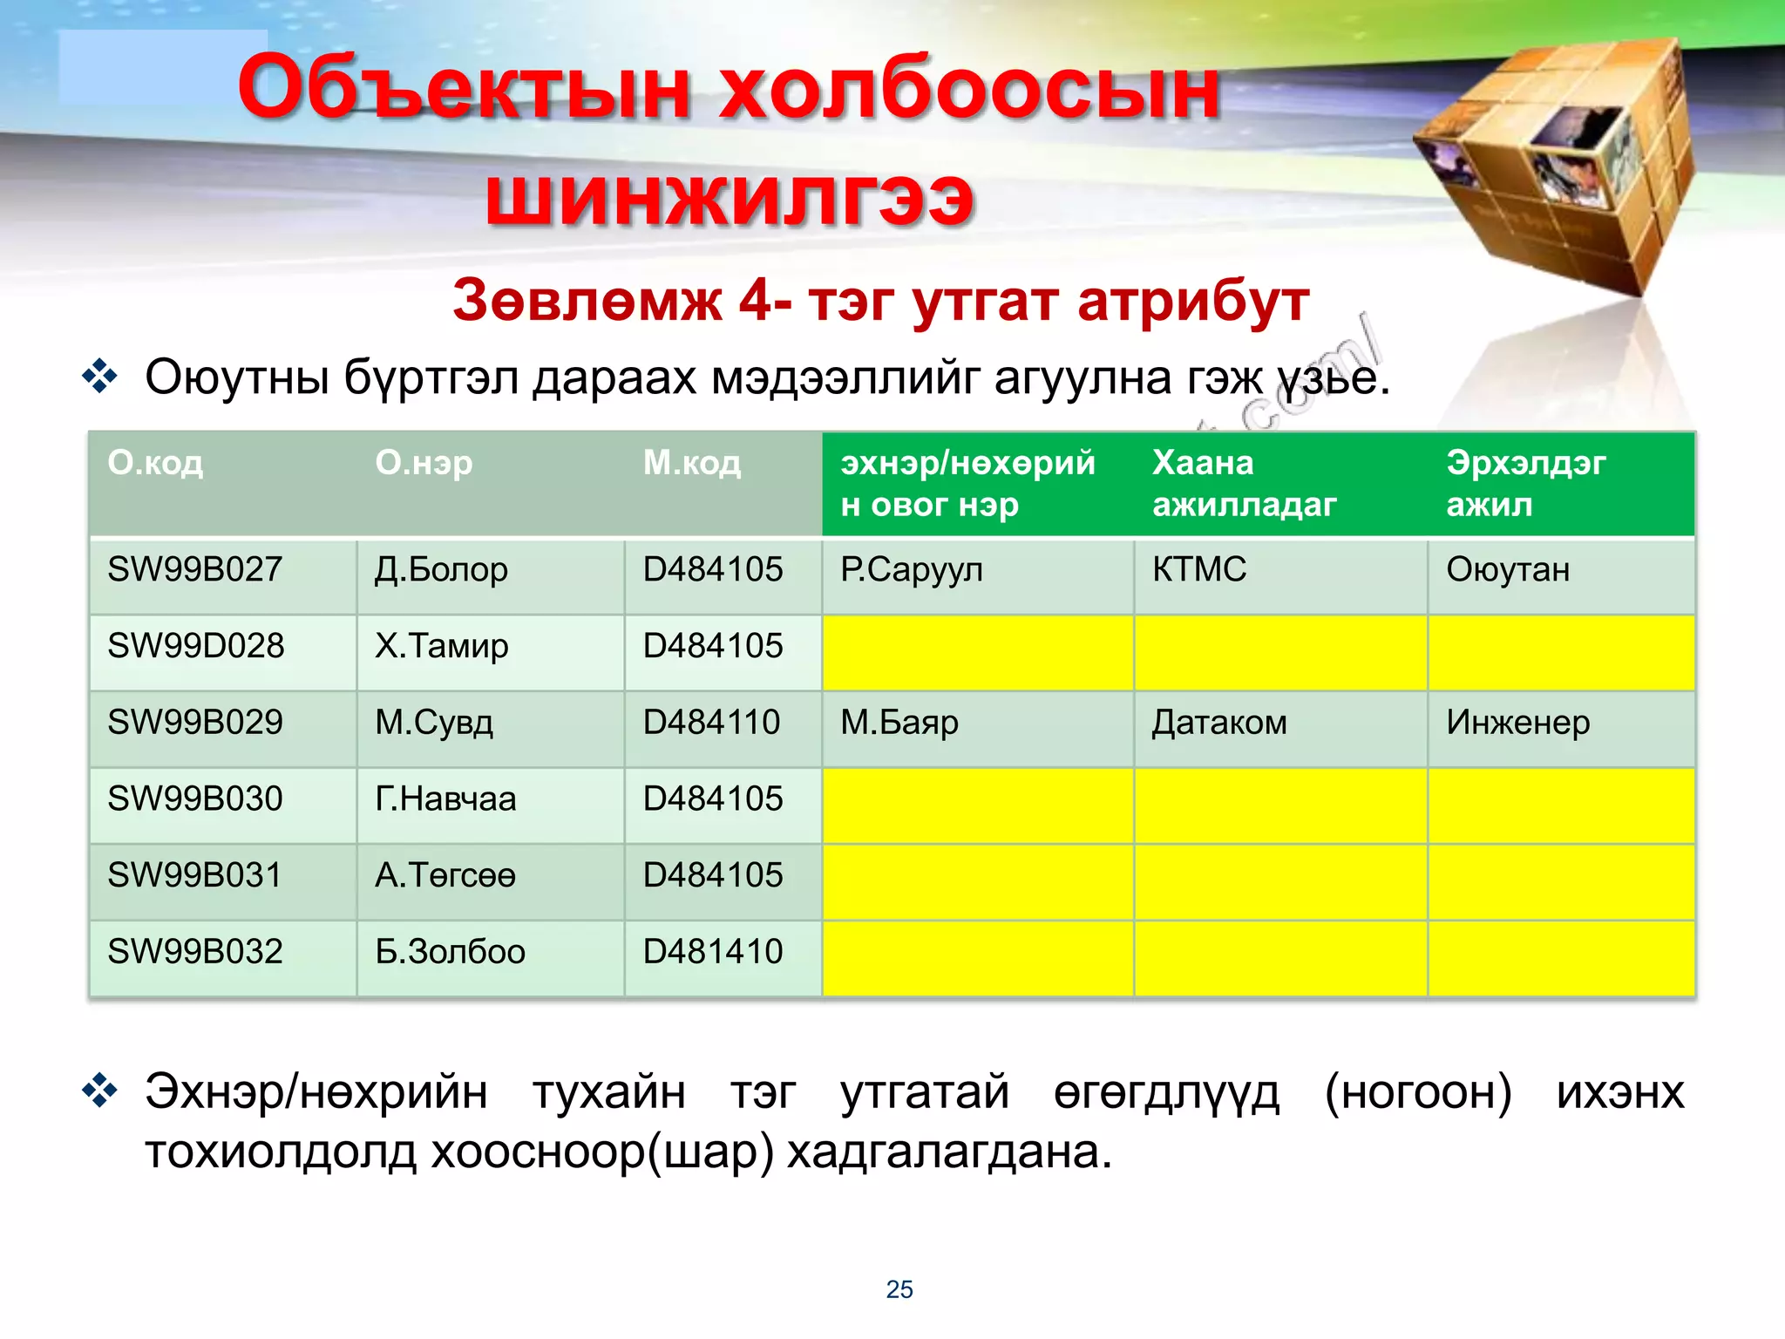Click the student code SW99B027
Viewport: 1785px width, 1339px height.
[x=194, y=570]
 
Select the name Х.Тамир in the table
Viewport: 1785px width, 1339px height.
[x=441, y=647]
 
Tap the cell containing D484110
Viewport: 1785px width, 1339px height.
[x=711, y=723]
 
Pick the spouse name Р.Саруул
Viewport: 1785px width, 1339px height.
[x=911, y=570]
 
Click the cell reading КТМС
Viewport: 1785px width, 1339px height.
[x=1199, y=570]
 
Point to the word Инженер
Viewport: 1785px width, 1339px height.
[x=1517, y=723]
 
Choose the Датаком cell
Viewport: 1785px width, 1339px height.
[x=1219, y=723]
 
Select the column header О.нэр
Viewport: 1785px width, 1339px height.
[x=424, y=463]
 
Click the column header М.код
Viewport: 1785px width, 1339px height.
[x=692, y=463]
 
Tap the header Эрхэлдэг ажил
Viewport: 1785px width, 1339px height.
[x=1525, y=483]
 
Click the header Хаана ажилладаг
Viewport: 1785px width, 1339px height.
[x=1244, y=483]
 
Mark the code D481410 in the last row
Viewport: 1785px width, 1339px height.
[x=713, y=952]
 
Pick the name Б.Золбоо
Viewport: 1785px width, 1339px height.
[x=450, y=952]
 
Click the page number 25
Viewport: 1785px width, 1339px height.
[x=899, y=1289]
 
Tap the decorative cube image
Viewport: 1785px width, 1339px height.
[x=1556, y=166]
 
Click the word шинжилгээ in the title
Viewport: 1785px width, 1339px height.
[x=730, y=197]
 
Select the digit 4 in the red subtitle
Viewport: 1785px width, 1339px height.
[x=756, y=301]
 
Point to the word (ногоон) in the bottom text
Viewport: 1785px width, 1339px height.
[x=1418, y=1092]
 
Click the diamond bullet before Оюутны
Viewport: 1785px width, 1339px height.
[x=99, y=377]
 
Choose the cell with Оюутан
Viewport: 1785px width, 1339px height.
[x=1508, y=570]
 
